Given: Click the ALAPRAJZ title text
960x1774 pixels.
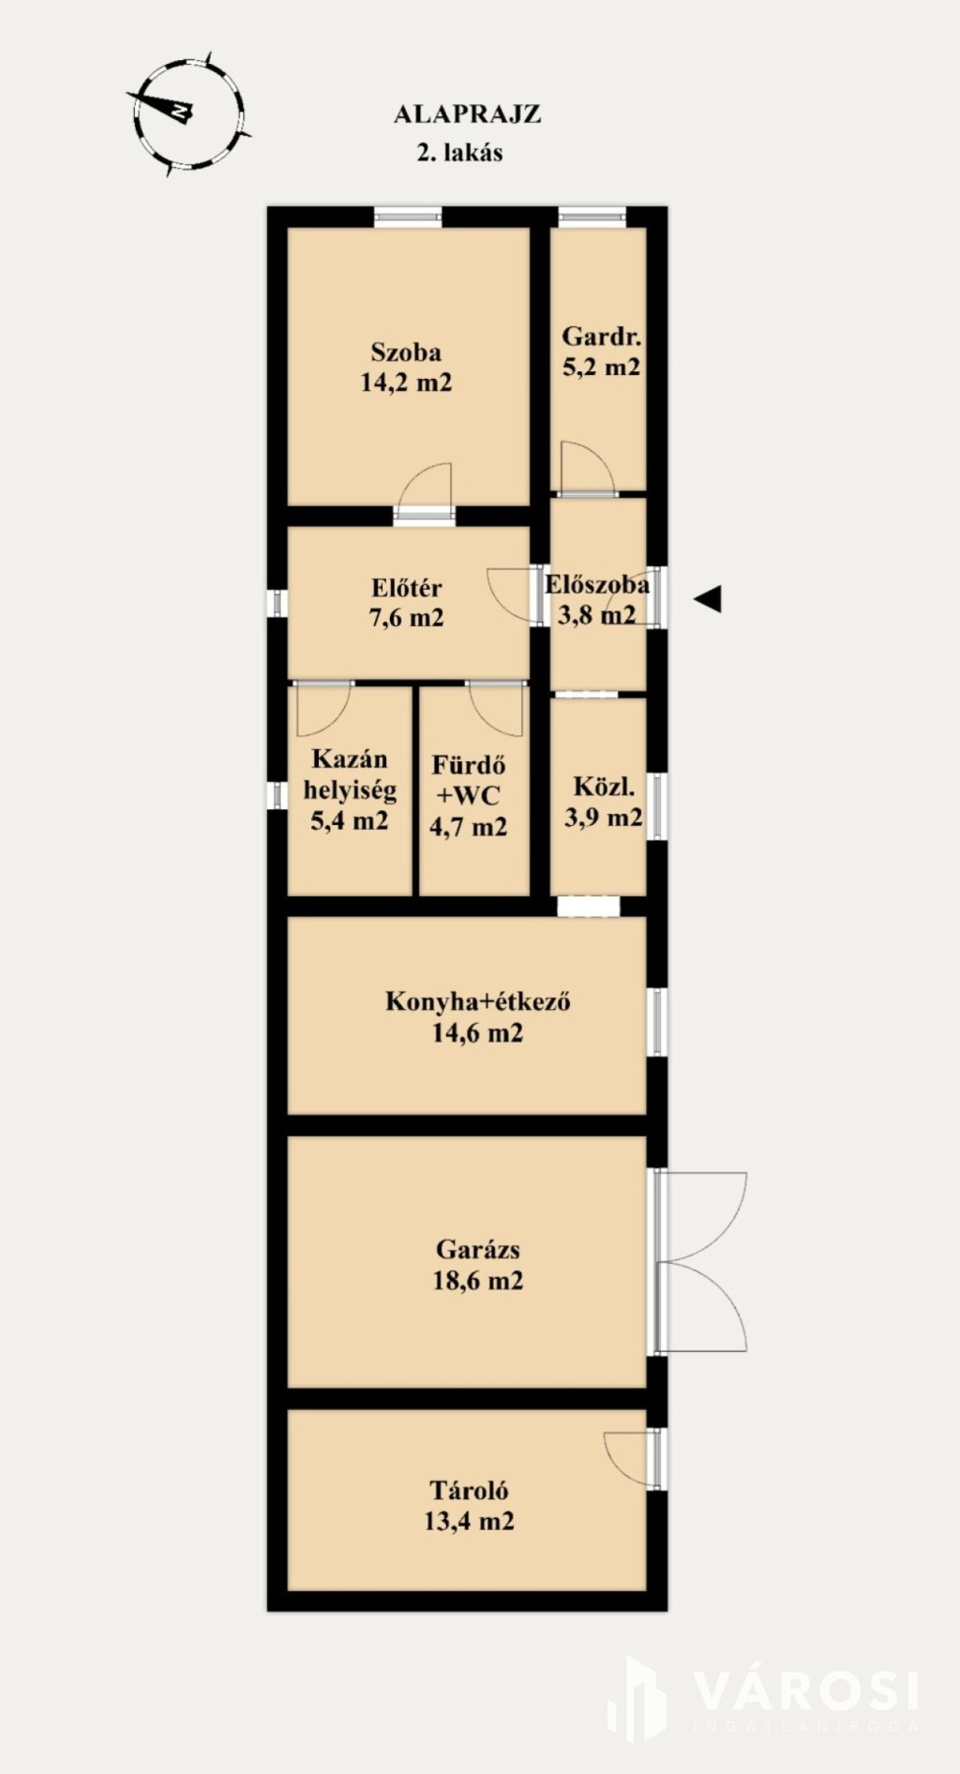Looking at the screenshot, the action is (x=467, y=114).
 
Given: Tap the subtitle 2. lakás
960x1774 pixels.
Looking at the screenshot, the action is (x=459, y=152).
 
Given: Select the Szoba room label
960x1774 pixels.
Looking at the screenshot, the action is (x=406, y=353).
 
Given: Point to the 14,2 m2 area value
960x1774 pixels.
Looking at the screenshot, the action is (x=406, y=383).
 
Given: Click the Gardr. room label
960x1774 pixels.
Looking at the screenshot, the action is (x=602, y=337).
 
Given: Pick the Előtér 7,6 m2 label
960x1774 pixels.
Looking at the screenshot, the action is (x=407, y=603).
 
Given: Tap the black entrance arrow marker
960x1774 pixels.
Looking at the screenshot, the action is (x=708, y=598).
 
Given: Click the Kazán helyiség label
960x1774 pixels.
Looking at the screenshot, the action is (x=350, y=774).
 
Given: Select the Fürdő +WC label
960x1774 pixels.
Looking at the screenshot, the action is (x=469, y=780).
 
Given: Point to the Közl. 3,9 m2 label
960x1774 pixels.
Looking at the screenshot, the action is (x=604, y=802).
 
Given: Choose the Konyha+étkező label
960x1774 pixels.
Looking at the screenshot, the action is (x=478, y=1001).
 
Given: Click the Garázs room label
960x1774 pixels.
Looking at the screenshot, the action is (x=478, y=1249).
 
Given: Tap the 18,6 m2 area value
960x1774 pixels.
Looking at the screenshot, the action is (x=478, y=1280).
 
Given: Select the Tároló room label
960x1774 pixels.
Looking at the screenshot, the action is (x=469, y=1490).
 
